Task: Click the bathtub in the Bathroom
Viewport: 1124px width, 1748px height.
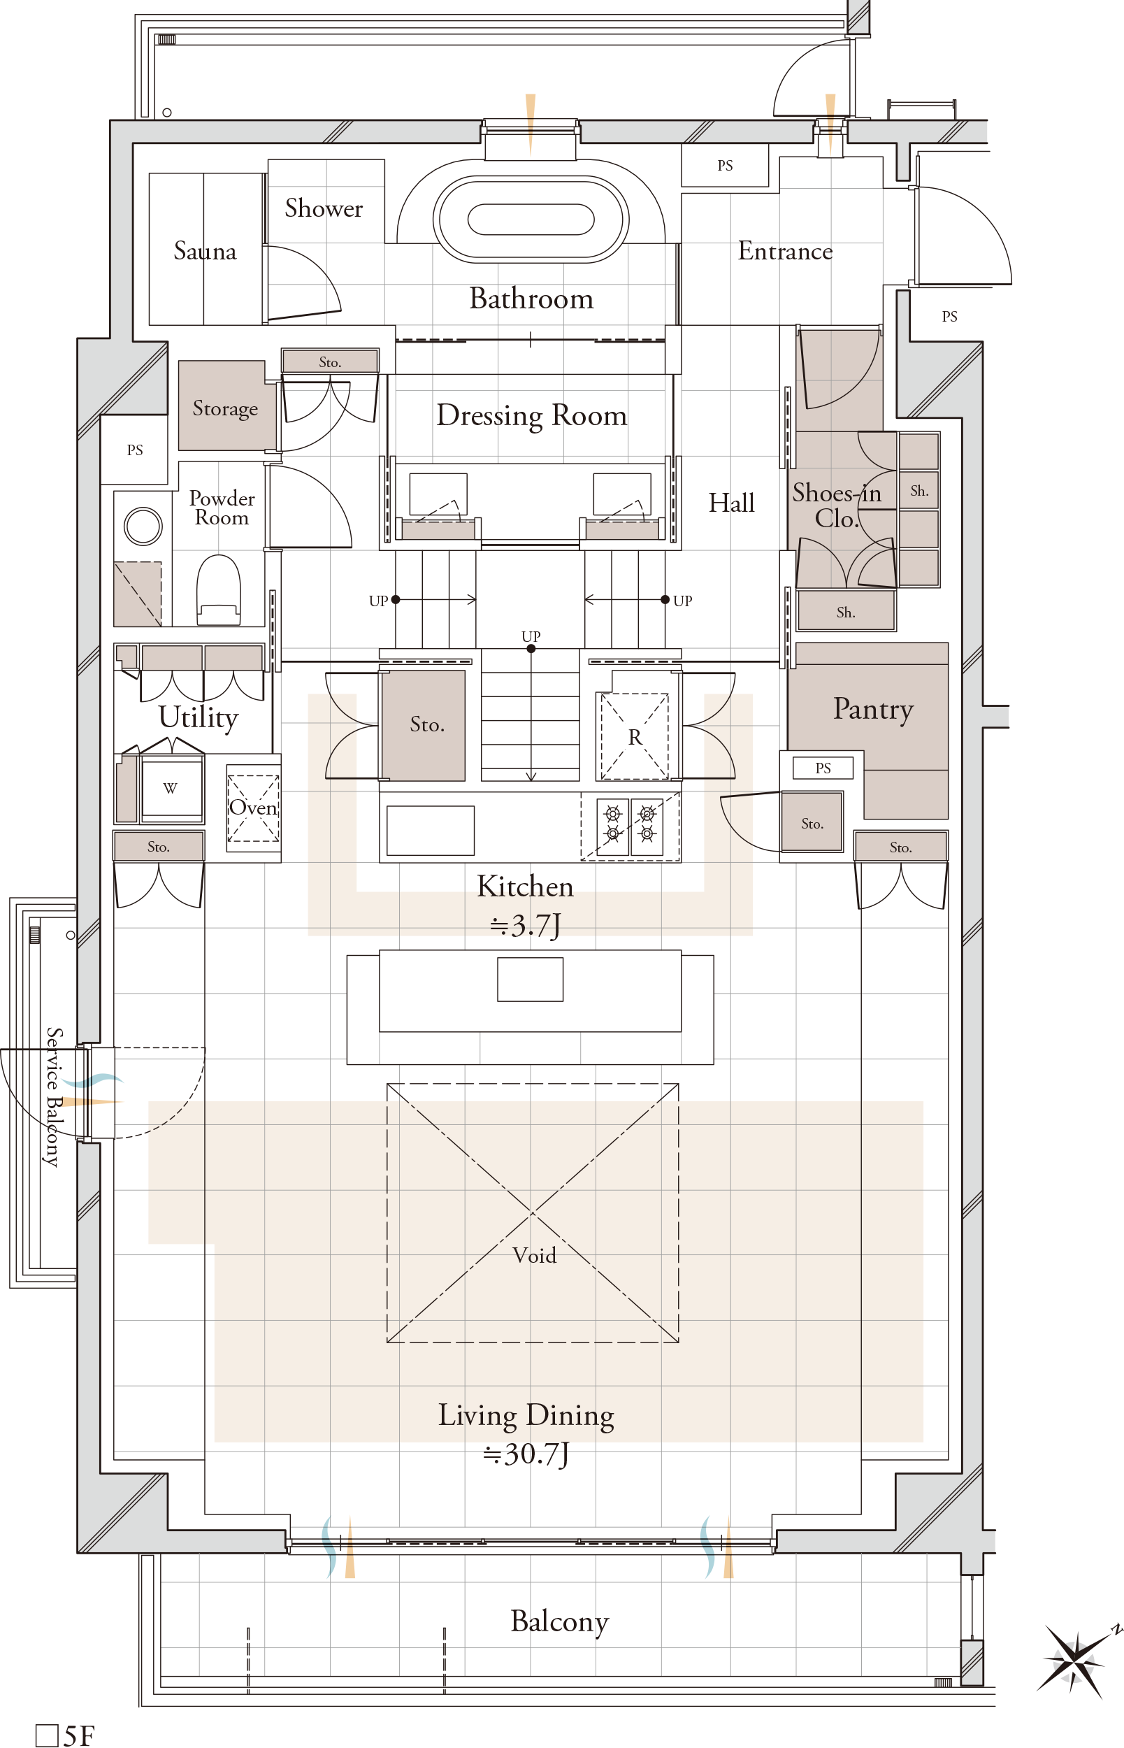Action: point(531,219)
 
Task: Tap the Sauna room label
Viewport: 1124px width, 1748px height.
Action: point(205,251)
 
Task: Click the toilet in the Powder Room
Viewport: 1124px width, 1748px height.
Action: point(218,589)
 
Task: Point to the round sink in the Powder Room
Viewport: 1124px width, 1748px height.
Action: point(143,526)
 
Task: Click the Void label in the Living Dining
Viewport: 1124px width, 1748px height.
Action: point(534,1255)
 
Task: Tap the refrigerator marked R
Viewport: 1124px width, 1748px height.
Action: point(634,736)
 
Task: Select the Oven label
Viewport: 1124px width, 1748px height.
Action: point(253,807)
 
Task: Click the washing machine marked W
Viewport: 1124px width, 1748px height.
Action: point(171,787)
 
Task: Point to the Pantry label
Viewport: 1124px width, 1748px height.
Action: point(873,709)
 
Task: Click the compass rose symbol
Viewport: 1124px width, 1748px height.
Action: point(1075,1659)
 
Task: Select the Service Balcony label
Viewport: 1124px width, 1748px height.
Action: point(52,1096)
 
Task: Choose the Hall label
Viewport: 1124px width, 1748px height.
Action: point(731,502)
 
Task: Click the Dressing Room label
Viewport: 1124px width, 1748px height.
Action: point(531,415)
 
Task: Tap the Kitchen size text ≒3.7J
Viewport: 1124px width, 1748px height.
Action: point(526,926)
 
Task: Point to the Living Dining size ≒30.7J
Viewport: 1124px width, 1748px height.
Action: point(526,1454)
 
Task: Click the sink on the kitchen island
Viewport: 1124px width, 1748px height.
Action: point(530,979)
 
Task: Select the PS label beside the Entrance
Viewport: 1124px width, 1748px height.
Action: point(725,166)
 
